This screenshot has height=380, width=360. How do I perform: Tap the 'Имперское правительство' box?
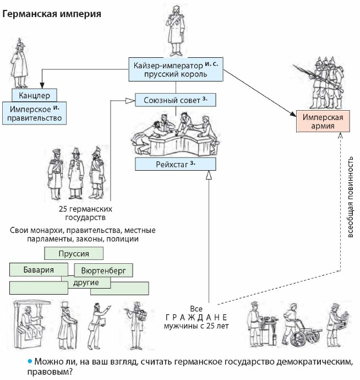click(x=34, y=112)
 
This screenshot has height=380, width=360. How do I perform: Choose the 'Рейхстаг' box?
click(x=175, y=164)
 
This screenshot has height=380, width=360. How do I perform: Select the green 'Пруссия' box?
click(x=74, y=253)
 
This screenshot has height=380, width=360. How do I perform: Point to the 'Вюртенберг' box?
click(x=103, y=272)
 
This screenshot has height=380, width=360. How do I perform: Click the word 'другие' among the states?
click(x=86, y=283)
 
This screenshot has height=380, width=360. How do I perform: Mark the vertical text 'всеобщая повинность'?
click(x=350, y=195)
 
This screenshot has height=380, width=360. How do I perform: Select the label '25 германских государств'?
click(x=85, y=213)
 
